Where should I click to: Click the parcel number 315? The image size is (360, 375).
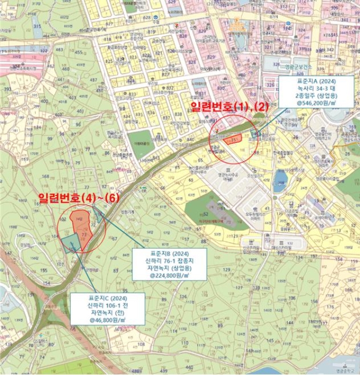[37, 26]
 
